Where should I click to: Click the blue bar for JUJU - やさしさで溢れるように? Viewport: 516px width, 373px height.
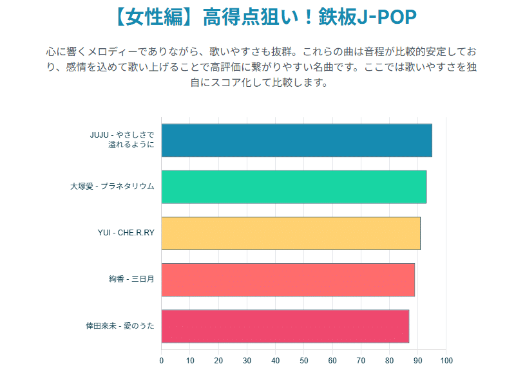click(296, 140)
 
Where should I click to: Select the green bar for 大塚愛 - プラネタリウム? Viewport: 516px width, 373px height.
click(294, 186)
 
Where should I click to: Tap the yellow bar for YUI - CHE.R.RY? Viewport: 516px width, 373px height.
click(291, 233)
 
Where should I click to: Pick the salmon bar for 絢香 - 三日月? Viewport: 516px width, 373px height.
click(288, 279)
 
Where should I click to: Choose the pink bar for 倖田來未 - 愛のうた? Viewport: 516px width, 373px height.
click(285, 326)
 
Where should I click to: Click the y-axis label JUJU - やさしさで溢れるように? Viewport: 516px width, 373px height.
click(122, 140)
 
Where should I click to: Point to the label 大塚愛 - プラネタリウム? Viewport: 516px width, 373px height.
click(112, 186)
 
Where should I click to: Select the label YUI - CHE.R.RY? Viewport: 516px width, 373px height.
click(126, 233)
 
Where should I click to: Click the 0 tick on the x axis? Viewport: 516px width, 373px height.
click(162, 361)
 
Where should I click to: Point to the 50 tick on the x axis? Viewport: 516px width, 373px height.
click(304, 361)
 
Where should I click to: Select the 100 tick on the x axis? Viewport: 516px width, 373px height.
click(446, 361)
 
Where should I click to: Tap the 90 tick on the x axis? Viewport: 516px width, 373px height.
click(418, 361)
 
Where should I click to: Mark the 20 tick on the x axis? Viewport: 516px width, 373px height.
click(218, 361)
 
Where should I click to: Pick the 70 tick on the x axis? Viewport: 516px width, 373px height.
click(361, 361)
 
